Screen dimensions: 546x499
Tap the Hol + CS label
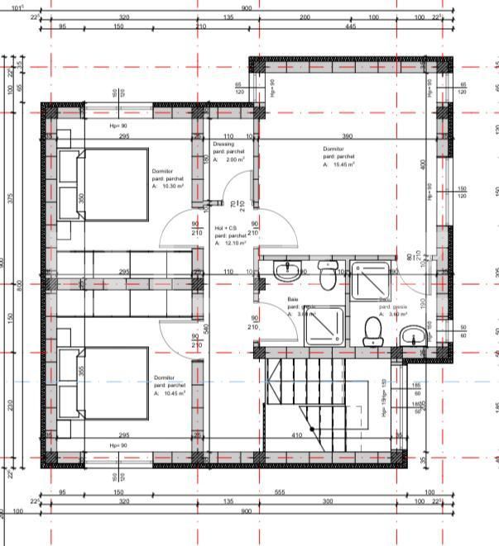coord(226,228)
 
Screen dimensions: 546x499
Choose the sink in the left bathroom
coord(290,269)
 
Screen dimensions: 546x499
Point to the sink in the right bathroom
coord(414,335)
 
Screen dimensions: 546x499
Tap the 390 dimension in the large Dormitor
coord(348,136)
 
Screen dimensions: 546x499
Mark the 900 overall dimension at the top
coord(247,8)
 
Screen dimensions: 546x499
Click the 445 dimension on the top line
coord(351,26)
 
